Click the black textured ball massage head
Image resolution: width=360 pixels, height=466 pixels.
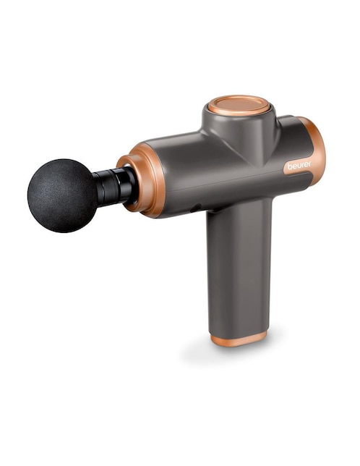point(62,195)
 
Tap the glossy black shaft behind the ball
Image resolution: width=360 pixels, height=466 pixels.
point(114,187)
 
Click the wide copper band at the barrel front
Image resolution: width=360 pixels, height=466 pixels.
point(151,179)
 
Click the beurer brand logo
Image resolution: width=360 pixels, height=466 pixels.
point(299,165)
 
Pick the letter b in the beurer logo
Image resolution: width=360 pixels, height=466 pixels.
point(289,166)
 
